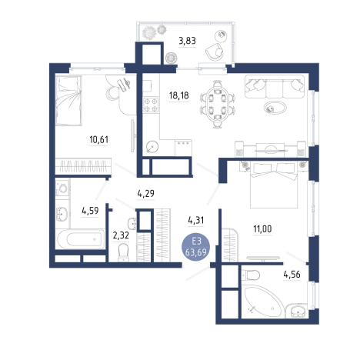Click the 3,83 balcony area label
pyautogui.click(x=187, y=41)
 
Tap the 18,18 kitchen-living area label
pyautogui.click(x=178, y=95)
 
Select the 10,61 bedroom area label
pyautogui.click(x=98, y=139)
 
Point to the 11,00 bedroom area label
pyautogui.click(x=262, y=228)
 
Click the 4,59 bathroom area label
pyautogui.click(x=90, y=211)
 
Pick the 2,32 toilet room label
pyautogui.click(x=121, y=235)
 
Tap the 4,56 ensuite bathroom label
pyautogui.click(x=292, y=275)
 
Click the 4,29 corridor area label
pyautogui.click(x=146, y=193)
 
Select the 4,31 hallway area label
pyautogui.click(x=196, y=220)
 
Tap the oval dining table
pyautogui.click(x=217, y=104)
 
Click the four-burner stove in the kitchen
pyautogui.click(x=151, y=105)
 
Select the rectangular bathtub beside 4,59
pyautogui.click(x=81, y=239)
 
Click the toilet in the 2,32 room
pyautogui.click(x=123, y=252)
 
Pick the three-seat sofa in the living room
pyautogui.click(x=275, y=86)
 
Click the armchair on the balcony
pyautogui.click(x=215, y=52)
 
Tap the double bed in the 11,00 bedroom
pyautogui.click(x=274, y=185)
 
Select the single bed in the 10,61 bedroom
pyautogui.click(x=68, y=101)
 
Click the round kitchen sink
pyautogui.click(x=152, y=147)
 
